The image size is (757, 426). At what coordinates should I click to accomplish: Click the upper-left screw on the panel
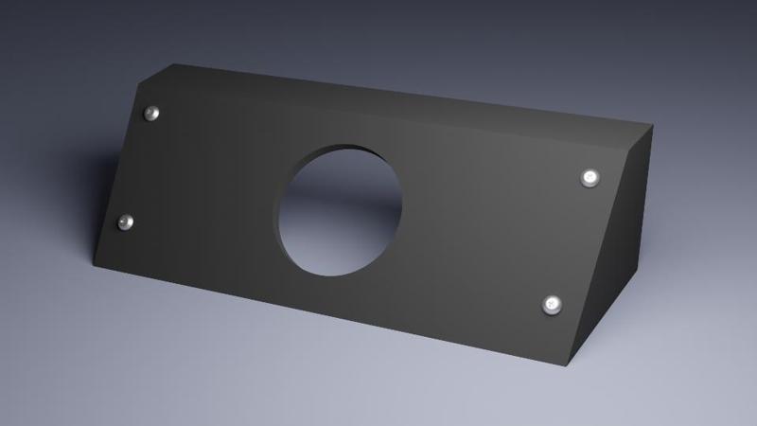151,114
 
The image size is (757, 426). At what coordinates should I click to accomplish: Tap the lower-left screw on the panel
125,222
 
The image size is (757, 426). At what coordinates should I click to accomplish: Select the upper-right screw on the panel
590,177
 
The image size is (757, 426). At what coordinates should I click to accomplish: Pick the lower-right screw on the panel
553,305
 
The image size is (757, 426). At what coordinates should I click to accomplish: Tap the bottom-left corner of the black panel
94,262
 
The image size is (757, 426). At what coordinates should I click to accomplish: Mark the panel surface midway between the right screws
572,241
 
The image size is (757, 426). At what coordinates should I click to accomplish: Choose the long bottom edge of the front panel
331,315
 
